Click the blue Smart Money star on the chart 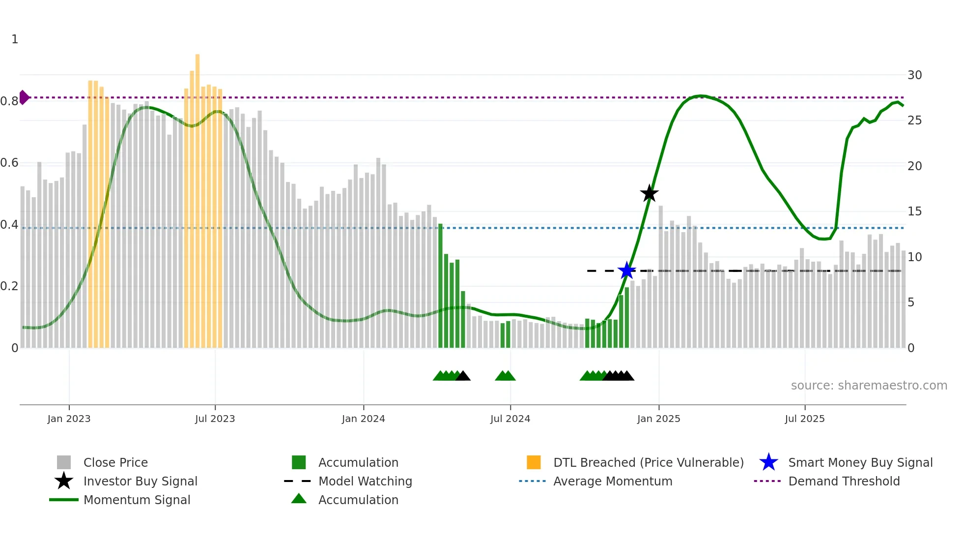pos(626,271)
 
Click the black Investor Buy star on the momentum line pos(649,193)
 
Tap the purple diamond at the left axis pos(24,97)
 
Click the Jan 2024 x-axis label pos(363,419)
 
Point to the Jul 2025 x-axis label pos(804,419)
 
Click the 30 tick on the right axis pos(914,75)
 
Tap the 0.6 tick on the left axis pos(10,163)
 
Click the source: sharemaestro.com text pos(869,385)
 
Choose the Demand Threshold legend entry pos(844,481)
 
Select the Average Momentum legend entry pos(612,481)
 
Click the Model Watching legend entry pos(365,481)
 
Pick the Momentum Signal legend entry pos(137,500)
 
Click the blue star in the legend pos(768,462)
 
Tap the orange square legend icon pos(534,462)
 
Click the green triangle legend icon pos(299,499)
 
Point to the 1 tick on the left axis pos(15,39)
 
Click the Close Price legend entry pos(115,462)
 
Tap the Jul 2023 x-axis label pos(215,419)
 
